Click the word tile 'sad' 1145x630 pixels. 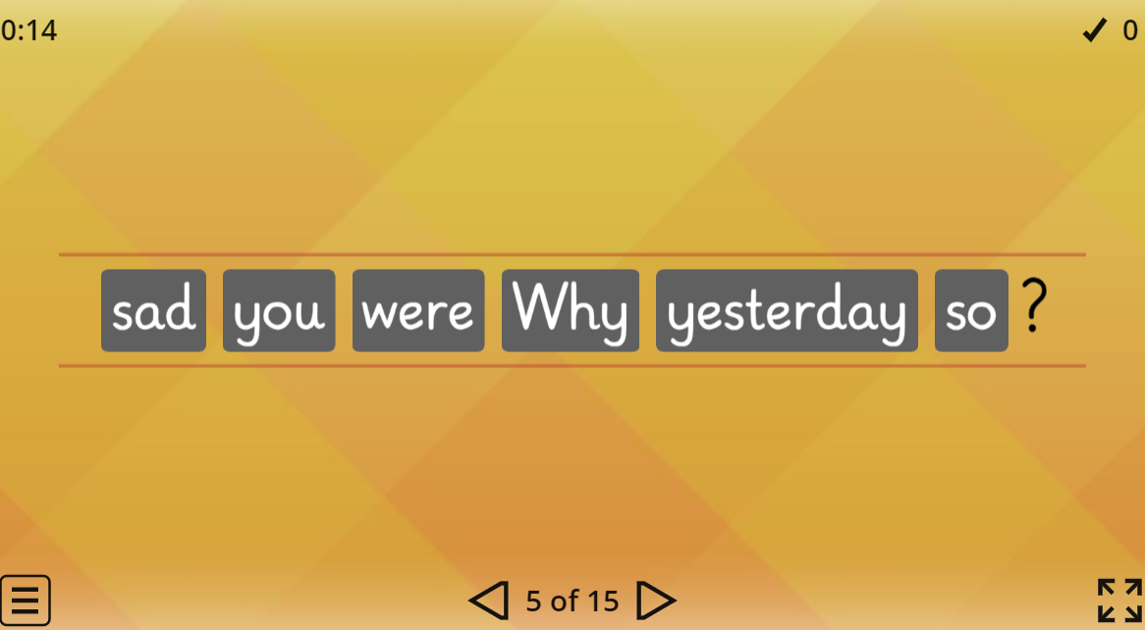coord(153,311)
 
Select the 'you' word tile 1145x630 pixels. coord(279,311)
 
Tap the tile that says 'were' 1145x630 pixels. coord(418,311)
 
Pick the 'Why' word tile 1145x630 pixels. coord(571,311)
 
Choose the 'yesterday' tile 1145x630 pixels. coord(787,311)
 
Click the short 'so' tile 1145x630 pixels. coord(971,311)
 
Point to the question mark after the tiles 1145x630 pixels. coord(1032,307)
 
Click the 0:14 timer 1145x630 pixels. coord(28,30)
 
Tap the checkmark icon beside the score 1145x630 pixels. coord(1095,30)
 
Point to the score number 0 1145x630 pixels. coord(1130,30)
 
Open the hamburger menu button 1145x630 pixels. coord(25,599)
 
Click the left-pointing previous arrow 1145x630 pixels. coord(489,600)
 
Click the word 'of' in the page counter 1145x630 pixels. coord(565,600)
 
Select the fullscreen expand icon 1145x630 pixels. coord(1119,600)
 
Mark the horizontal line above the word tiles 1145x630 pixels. coord(572,254)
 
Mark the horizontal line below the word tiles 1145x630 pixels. coord(572,366)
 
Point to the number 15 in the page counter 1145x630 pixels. coord(603,600)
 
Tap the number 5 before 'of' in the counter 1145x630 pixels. coord(533,600)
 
